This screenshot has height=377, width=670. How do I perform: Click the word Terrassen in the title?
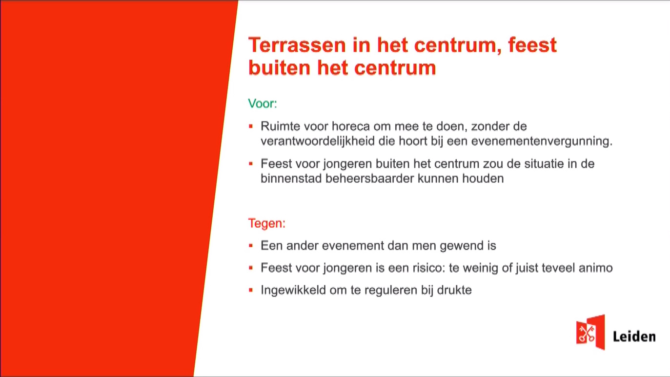point(297,45)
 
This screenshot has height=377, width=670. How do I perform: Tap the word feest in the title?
point(532,45)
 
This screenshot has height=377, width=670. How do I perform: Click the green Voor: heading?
point(263,103)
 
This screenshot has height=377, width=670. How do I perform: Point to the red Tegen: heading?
point(267,223)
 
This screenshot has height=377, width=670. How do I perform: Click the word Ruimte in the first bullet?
point(280,126)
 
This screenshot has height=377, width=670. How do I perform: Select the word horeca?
point(351,126)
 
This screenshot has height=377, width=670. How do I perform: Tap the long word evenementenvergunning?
point(542,141)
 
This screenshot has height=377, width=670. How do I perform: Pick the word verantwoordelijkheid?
point(318,141)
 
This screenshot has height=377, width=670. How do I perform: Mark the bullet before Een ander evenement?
point(251,246)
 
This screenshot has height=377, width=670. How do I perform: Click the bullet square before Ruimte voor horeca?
point(251,126)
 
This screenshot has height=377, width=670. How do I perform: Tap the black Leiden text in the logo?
point(634,337)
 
